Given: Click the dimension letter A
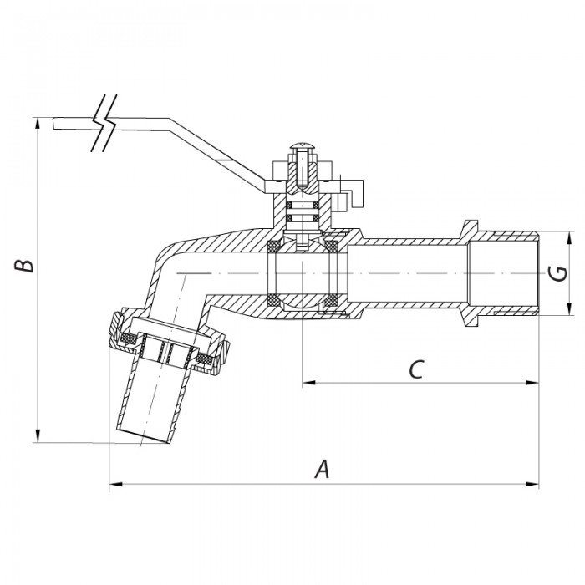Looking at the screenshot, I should click(x=322, y=470).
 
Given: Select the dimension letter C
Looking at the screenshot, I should click(x=420, y=369).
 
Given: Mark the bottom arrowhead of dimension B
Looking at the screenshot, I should click(x=38, y=437).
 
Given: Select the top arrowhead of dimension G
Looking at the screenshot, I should click(x=571, y=235).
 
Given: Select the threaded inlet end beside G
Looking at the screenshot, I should click(x=510, y=272).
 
